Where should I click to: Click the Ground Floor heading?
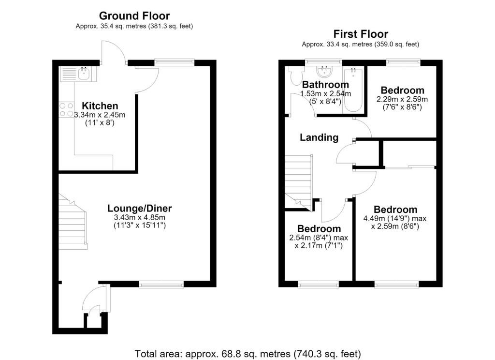[x=134, y=16]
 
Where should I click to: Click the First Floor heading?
[x=361, y=34]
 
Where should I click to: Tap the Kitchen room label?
[x=100, y=105]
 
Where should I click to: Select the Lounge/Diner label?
[x=140, y=208]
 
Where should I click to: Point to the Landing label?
[x=319, y=137]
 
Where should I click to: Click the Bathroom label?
[x=325, y=85]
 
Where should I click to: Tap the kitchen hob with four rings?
[x=66, y=110]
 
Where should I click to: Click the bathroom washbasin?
[x=324, y=72]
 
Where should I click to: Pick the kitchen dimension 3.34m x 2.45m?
[x=100, y=115]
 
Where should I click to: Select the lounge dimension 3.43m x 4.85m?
[x=140, y=217]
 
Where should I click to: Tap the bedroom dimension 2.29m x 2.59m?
[x=402, y=99]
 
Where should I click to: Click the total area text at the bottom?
[x=247, y=353]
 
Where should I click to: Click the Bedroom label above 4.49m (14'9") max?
[x=395, y=210]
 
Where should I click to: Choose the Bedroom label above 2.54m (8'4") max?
[x=319, y=228]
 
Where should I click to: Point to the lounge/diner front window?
[x=161, y=285]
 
